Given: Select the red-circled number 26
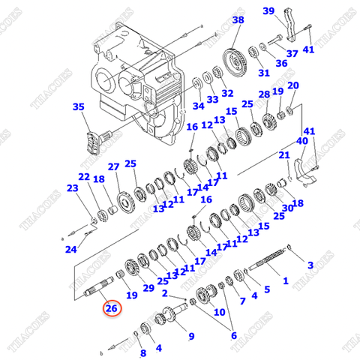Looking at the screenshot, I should [111, 308].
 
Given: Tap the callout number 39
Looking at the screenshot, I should [268, 10].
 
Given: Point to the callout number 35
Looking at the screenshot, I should [79, 107].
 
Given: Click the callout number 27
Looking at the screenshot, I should [113, 166].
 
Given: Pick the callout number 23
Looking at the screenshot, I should [72, 188].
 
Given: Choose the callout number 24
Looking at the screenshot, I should [70, 249].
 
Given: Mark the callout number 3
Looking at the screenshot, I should [310, 265].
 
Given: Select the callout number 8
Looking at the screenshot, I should [219, 310].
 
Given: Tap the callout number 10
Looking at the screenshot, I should [283, 155].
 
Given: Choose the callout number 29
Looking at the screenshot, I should [148, 288].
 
